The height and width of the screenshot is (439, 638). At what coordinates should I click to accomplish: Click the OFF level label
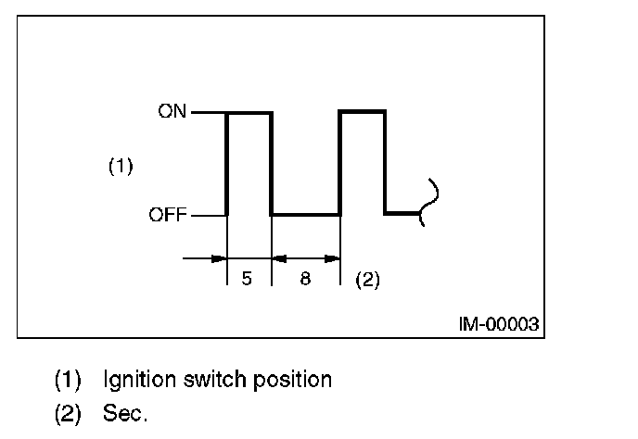pos(168,216)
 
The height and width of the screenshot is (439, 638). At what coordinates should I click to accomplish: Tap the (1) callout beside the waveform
pos(121,167)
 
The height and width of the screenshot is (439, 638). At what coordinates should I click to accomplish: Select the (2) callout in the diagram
pos(368,279)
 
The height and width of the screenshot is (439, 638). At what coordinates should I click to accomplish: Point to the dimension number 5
pos(247,279)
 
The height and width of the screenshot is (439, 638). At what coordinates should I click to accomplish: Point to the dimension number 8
pos(305,279)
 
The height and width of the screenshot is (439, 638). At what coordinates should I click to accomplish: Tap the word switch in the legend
pos(207,380)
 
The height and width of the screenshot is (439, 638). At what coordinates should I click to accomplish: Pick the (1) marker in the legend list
pos(68,380)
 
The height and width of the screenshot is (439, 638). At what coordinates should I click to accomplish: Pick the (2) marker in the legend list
pos(68,414)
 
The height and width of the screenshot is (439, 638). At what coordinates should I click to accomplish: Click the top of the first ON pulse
pos(249,112)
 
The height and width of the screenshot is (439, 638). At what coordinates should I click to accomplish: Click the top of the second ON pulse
pos(363,112)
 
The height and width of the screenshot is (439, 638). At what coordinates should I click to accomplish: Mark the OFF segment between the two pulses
pos(306,215)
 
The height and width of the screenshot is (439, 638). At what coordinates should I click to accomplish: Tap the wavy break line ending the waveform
pos(429,201)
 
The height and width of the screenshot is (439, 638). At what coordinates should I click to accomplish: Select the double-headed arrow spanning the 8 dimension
pos(306,258)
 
